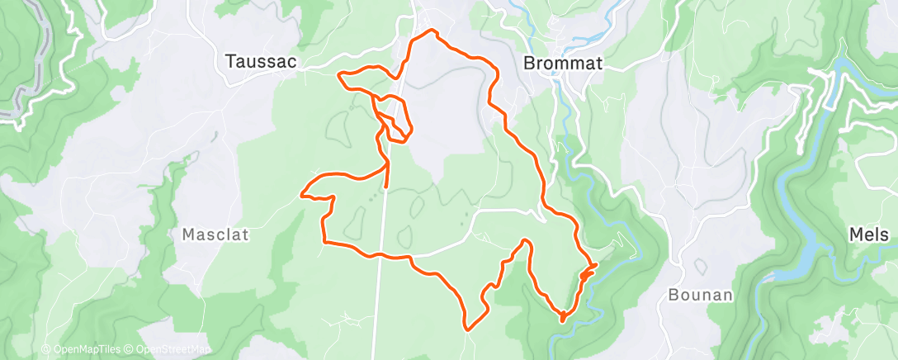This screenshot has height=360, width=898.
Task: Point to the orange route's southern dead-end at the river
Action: pos(562,317)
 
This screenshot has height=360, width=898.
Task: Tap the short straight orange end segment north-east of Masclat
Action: pos(386,175)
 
